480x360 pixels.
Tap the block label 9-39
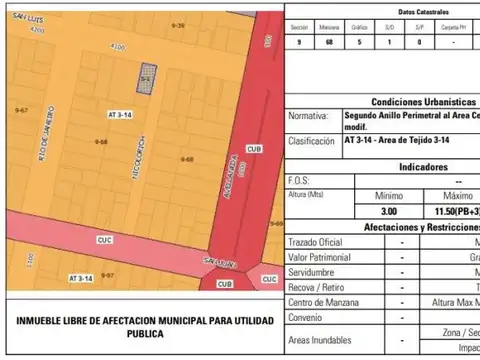(177, 25)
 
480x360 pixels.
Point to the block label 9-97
(107, 274)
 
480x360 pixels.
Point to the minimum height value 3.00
(388, 212)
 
